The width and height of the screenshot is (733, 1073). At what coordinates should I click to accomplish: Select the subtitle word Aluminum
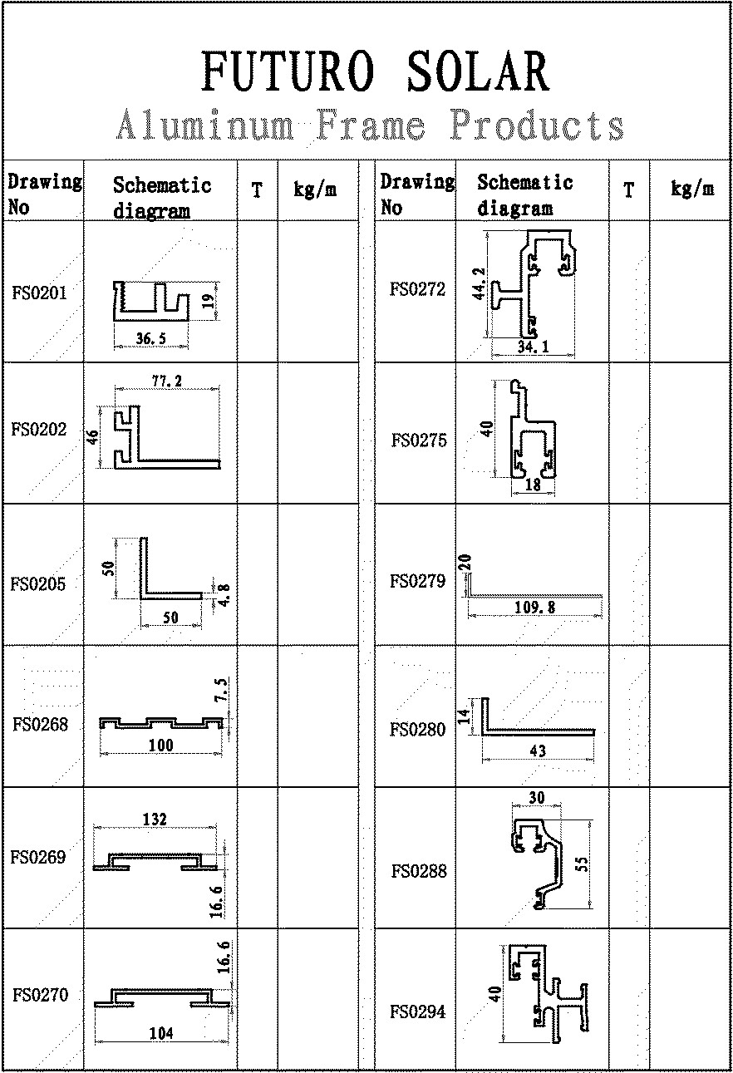point(204,127)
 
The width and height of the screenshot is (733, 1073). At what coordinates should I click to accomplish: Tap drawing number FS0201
point(39,293)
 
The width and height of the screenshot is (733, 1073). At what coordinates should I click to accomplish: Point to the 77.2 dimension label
point(167,381)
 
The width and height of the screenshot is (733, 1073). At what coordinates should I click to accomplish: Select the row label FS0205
point(38,583)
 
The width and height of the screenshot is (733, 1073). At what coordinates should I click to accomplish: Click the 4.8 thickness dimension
point(224,596)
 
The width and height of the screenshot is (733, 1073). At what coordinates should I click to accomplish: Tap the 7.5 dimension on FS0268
point(223,690)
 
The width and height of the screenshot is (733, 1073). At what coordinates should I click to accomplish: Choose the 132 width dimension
point(155,820)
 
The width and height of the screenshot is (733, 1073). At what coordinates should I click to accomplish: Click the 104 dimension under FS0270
point(160,1033)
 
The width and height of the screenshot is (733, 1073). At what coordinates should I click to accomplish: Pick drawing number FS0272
point(418,290)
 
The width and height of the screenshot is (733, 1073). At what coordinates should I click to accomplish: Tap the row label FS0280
point(418,730)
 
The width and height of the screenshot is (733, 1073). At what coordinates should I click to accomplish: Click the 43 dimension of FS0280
point(538,751)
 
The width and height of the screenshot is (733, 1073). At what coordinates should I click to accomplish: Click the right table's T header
point(629,190)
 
